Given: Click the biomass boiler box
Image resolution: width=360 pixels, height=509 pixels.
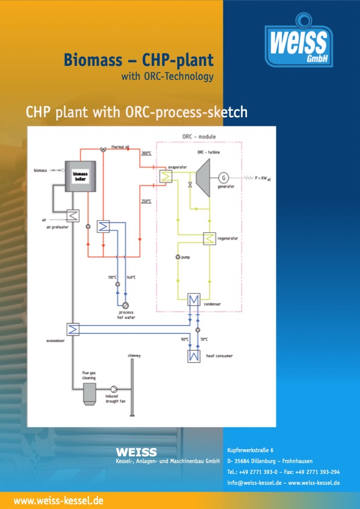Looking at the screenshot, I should coord(80,177).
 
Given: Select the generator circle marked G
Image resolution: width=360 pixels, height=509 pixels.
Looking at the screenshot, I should coord(223,177).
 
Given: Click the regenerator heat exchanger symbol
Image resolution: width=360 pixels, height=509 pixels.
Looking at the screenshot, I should coord(209,239).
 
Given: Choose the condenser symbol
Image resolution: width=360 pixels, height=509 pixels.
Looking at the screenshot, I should coord(194,300).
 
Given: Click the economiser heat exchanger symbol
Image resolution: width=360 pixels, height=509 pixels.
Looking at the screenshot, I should coord(73,329).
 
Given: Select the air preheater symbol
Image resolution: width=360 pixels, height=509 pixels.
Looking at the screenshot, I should coord(74,215).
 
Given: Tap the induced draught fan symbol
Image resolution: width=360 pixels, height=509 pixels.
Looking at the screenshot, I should coord(114,390).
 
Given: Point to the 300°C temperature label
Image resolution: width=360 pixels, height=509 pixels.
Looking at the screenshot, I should coord(146,154).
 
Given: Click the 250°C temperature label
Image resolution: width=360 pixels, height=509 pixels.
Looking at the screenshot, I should coord(146,201).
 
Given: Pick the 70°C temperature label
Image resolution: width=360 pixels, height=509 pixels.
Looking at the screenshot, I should coord(204,339).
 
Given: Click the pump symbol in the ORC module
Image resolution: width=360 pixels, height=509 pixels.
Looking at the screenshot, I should coord(177,257).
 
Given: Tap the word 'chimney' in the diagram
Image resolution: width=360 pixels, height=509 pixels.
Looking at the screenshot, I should coord(134,355).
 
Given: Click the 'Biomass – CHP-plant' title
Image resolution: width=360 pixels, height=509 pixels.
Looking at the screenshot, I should coord(139,60).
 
